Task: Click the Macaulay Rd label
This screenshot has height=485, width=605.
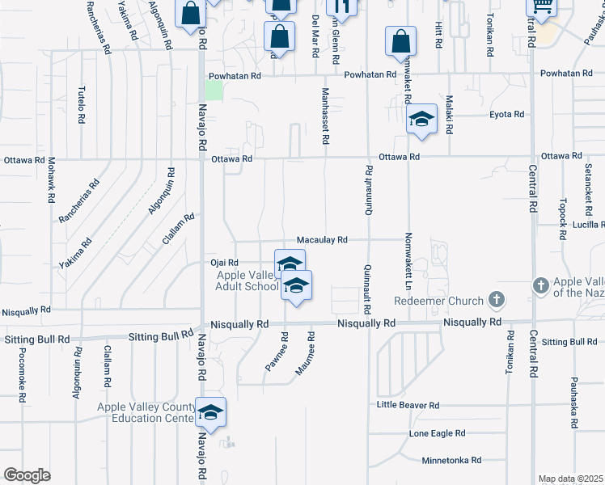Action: point(322,240)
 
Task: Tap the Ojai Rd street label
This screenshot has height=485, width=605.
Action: point(224,263)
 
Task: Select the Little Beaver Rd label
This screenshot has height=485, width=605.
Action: point(408,405)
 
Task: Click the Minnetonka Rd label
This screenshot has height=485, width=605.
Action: point(451,460)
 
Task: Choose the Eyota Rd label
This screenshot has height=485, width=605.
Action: point(507,115)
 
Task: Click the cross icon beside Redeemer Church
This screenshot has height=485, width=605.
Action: point(497,301)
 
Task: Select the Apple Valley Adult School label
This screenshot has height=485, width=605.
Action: point(247,280)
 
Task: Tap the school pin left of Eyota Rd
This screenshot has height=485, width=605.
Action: point(421,120)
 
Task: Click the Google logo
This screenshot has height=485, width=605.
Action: point(27,475)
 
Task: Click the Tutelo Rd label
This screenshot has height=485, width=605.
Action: point(81,104)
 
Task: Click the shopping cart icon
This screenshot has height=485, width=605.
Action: point(540,7)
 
